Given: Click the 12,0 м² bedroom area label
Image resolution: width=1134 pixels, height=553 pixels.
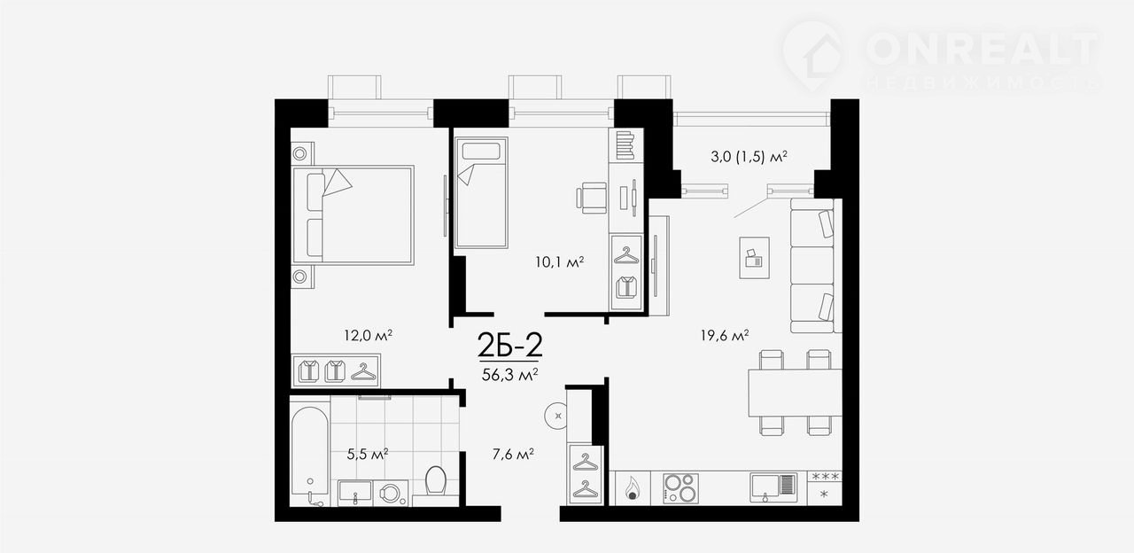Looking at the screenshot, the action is click(369, 335).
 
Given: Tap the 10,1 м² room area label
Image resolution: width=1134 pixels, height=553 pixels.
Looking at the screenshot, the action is click(560, 262).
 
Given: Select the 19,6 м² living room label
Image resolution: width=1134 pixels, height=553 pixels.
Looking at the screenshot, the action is click(725, 335).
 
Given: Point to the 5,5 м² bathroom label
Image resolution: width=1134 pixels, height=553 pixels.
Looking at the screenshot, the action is click(368, 454).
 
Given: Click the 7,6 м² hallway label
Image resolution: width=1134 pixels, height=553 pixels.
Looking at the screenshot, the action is click(513, 455).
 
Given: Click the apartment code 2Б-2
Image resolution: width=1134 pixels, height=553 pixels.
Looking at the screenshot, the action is click(509, 346).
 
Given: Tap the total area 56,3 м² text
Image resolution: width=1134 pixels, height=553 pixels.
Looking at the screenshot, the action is click(509, 375).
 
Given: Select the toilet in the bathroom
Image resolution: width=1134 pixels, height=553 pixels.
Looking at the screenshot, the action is click(436, 481).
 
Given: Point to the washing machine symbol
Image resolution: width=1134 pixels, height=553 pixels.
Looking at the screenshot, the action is click(391, 494).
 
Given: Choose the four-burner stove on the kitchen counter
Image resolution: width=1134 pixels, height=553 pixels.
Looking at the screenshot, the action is click(681, 488).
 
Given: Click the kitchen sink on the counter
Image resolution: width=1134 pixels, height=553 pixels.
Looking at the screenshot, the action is click(773, 488).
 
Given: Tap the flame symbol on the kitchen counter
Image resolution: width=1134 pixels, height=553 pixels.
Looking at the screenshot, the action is click(633, 489).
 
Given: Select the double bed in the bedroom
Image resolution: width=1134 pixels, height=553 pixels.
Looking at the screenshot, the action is click(353, 215).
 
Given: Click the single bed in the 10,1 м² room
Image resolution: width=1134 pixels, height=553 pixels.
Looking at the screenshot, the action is click(481, 192).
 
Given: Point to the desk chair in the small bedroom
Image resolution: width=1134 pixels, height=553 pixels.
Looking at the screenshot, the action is click(591, 198).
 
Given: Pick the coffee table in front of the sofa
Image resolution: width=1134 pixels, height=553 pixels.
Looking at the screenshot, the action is click(754, 258).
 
